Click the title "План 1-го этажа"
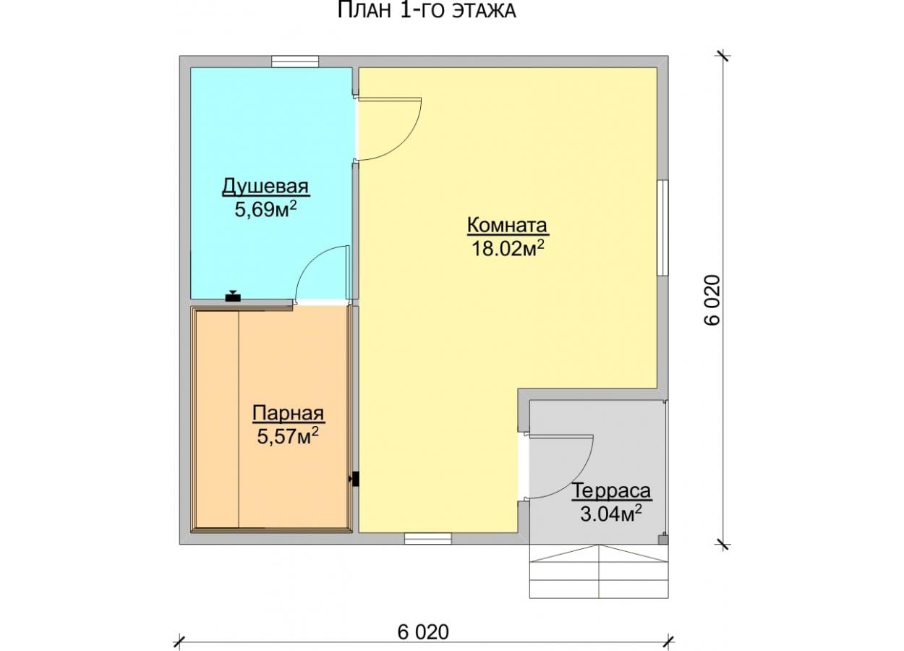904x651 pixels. coord(427,11)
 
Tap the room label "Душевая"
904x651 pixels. coord(265,187)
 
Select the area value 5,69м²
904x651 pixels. coord(265,209)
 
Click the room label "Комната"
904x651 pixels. coord(507,225)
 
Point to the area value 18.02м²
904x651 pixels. coord(508,248)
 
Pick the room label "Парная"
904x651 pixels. coord(288,414)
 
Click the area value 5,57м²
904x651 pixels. coord(288,436)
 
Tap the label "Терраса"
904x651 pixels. coord(611,491)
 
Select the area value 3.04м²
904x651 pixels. coord(611,514)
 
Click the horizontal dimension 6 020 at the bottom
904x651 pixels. coord(423,631)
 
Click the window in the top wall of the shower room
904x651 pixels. coord(295,61)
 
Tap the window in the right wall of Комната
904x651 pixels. coord(662,228)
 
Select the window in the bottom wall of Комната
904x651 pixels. coord(428,538)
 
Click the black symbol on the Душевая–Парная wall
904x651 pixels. coord(233,297)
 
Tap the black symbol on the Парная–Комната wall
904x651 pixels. coord(354,479)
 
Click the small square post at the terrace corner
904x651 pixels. coord(663,540)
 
